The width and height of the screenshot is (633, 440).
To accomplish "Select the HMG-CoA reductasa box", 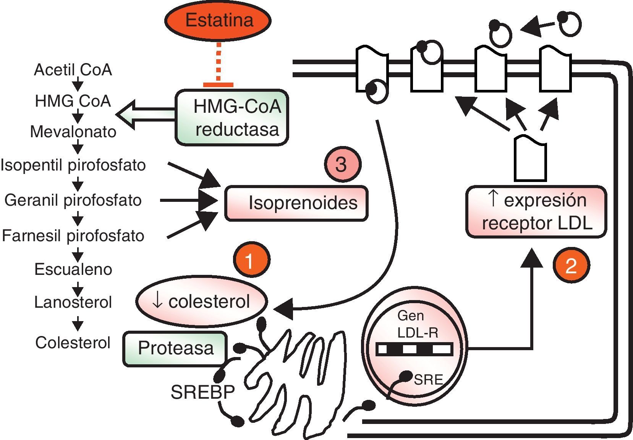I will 232,118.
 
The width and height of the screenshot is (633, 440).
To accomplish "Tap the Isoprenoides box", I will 296,203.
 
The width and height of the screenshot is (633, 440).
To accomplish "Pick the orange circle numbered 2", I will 571,265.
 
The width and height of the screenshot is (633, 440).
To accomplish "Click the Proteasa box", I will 175,348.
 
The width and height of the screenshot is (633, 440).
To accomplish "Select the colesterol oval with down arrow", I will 201,302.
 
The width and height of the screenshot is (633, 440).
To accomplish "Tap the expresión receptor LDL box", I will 536,212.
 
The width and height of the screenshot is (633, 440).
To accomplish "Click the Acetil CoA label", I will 73,70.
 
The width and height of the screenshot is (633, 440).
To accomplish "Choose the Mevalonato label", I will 73,132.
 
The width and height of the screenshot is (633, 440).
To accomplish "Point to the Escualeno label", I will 73,270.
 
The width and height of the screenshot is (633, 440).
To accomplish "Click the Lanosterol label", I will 73,302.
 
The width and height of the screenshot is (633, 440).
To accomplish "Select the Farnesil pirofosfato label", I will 73,236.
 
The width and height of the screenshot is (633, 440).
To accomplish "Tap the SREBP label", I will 202,392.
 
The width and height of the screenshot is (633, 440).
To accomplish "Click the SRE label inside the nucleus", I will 428,380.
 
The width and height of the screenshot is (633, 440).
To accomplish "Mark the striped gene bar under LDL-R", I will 414,349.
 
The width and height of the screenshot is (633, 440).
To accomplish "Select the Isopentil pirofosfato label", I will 73,165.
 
